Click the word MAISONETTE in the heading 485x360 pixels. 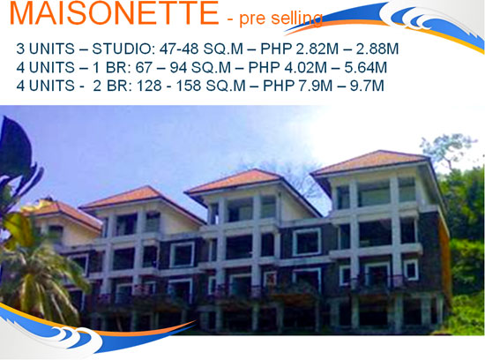[x=114, y=13]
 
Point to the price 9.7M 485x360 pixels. [x=367, y=86]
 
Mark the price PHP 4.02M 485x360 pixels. [x=287, y=67]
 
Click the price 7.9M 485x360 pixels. [x=316, y=86]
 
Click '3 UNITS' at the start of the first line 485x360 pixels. [x=46, y=49]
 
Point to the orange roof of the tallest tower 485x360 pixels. [x=371, y=161]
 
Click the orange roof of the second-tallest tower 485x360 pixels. [x=235, y=181]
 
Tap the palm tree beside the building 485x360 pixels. [x=37, y=275]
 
